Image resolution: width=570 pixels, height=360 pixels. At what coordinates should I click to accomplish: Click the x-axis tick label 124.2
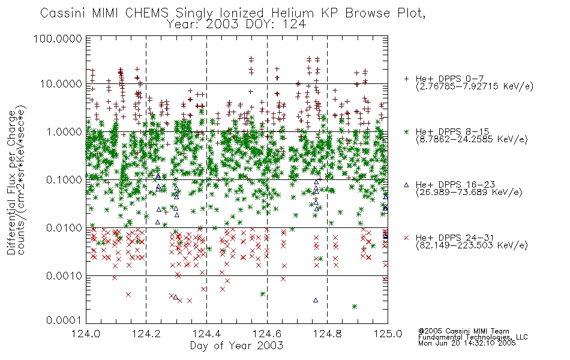146,334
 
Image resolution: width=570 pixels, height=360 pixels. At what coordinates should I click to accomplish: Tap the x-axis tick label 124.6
267,334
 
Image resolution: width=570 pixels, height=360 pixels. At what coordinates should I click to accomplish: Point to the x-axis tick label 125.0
388,334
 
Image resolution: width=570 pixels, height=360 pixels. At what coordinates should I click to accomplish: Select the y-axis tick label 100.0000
58,38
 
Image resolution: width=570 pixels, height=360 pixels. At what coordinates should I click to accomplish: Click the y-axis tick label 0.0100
64,228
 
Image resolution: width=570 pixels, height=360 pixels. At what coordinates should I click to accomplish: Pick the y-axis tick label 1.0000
64,132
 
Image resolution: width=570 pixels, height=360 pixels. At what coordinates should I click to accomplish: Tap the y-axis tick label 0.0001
64,320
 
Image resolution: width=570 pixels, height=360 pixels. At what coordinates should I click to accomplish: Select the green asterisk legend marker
406,132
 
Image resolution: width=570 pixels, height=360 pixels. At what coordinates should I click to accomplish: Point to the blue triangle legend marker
406,185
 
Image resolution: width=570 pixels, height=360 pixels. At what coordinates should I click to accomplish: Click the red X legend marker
406,238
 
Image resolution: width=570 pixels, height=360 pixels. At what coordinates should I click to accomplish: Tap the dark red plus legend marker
406,79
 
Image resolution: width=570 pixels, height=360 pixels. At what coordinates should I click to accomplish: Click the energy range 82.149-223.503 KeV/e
472,245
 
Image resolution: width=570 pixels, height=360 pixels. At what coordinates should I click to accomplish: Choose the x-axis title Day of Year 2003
236,346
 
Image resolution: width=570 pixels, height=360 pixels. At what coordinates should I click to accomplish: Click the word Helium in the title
292,13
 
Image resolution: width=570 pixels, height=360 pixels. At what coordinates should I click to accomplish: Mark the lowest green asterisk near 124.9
355,307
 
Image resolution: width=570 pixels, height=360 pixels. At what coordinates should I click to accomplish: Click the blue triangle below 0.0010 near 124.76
316,300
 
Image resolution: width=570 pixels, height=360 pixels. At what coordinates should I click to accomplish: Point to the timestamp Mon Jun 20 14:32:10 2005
467,343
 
